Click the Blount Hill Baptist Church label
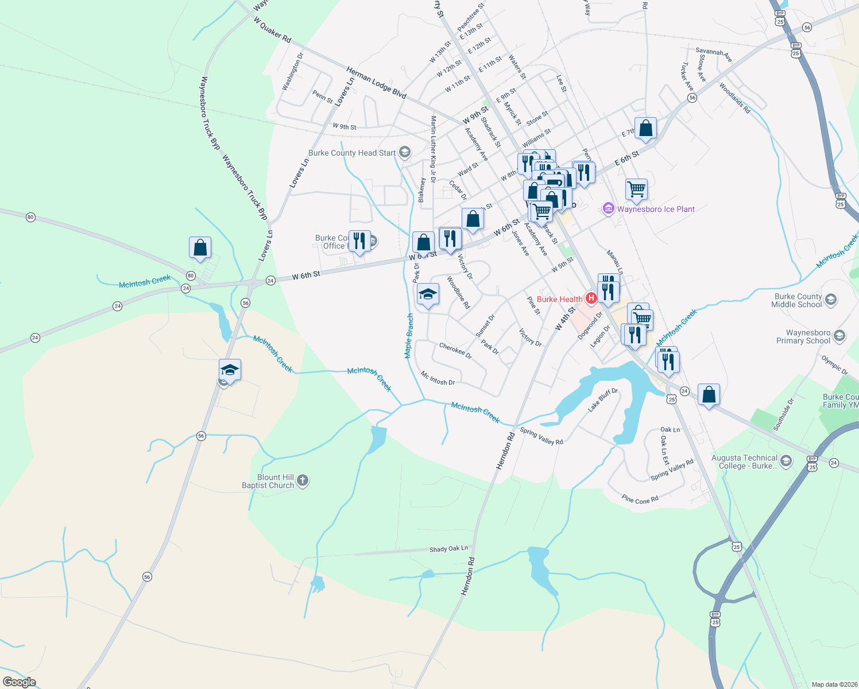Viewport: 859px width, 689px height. [x=268, y=481]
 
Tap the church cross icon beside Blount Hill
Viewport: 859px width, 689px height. [x=303, y=481]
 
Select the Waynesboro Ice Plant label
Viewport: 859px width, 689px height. [x=656, y=209]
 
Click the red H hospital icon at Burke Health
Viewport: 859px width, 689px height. [x=590, y=298]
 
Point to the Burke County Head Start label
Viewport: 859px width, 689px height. [x=352, y=153]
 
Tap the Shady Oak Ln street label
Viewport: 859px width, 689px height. [x=448, y=549]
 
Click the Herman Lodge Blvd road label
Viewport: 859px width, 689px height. [x=376, y=83]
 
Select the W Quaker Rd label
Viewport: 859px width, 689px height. [x=272, y=29]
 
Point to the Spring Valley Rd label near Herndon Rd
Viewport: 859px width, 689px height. [x=541, y=436]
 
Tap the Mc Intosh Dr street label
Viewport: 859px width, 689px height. [x=438, y=378]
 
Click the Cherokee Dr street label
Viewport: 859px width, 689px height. [x=455, y=351]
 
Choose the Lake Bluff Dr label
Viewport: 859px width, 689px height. [x=602, y=400]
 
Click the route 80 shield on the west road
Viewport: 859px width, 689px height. [x=30, y=217]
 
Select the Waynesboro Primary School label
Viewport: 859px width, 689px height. [x=803, y=336]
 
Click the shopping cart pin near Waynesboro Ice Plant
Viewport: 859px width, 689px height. [x=636, y=189]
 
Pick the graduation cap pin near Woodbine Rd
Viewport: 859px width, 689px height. [x=428, y=295]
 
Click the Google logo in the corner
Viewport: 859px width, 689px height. [x=20, y=682]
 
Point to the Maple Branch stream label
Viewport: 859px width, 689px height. [x=409, y=336]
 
